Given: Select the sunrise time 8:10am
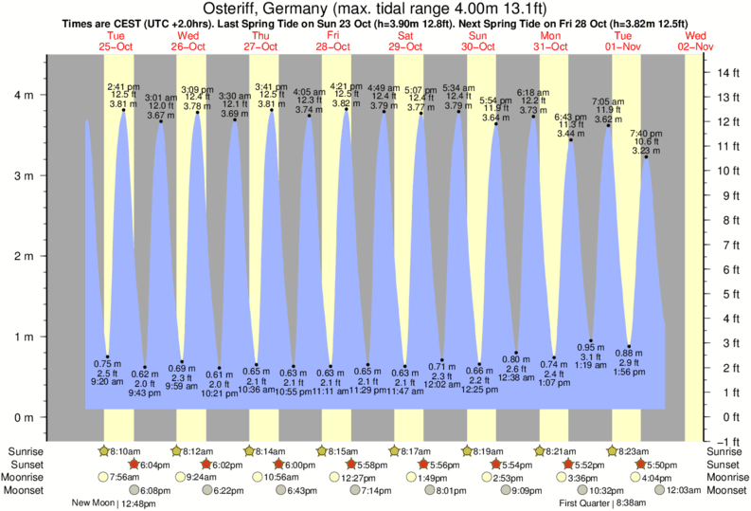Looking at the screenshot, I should coord(122,451).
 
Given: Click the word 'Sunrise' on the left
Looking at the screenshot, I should coord(26,451).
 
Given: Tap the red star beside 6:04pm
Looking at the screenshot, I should coord(134,465).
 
